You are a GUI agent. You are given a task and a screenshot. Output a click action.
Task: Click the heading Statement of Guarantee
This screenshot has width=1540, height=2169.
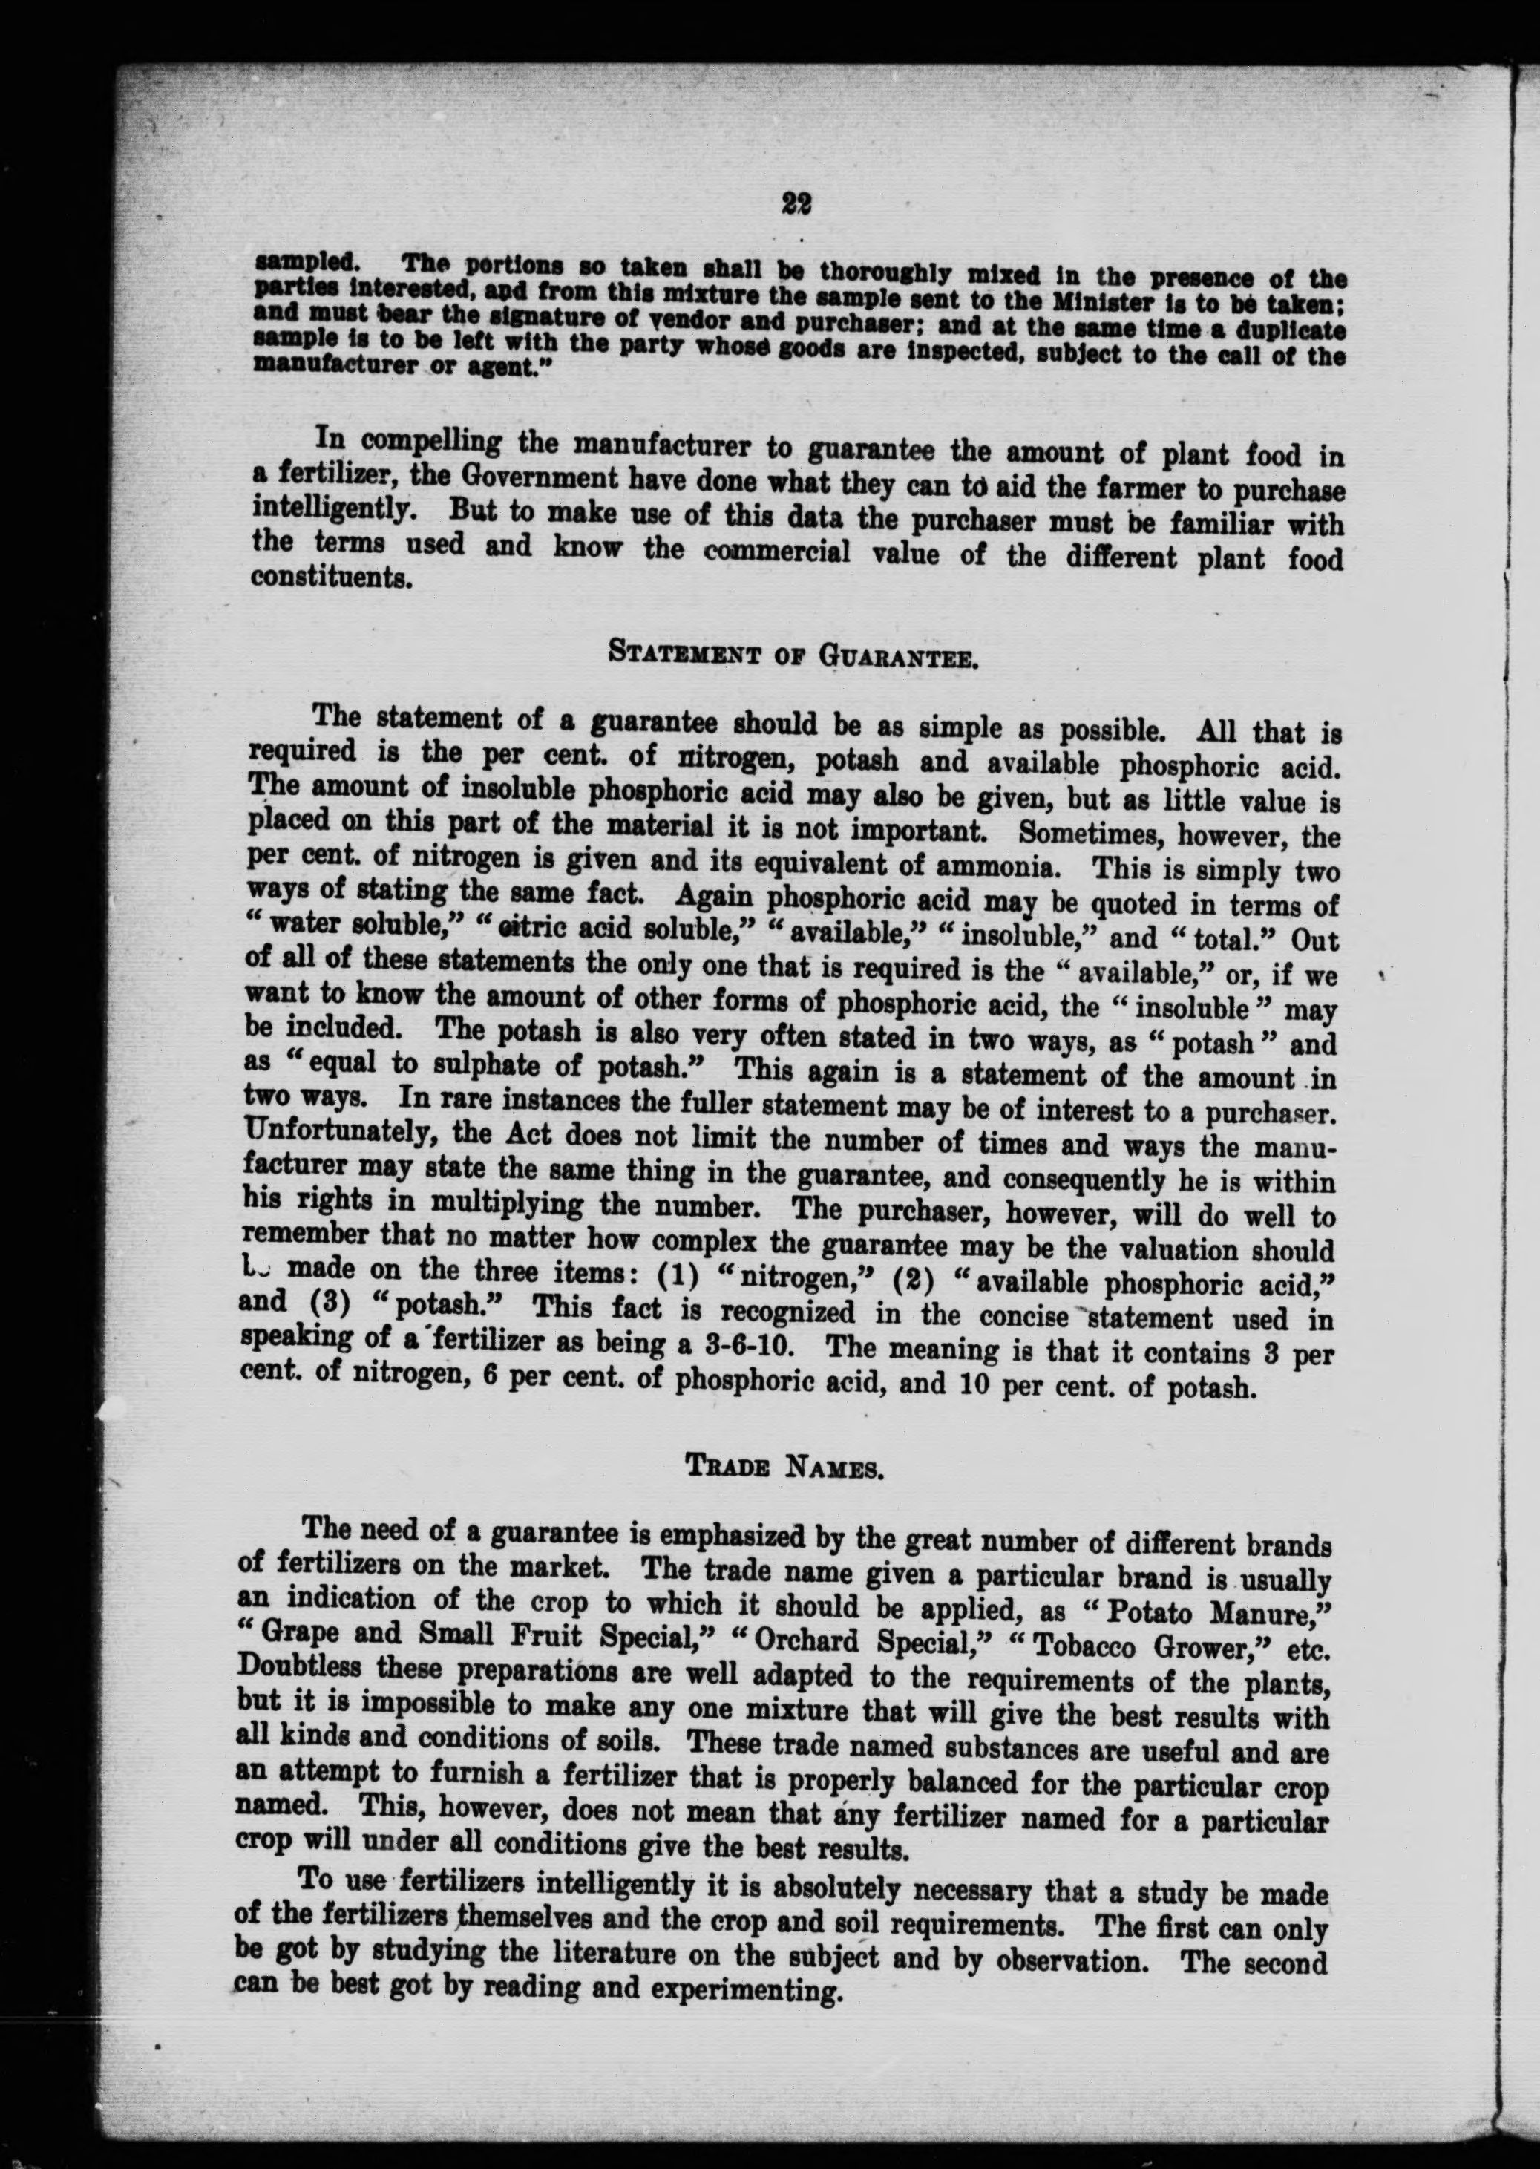click(x=792, y=655)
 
